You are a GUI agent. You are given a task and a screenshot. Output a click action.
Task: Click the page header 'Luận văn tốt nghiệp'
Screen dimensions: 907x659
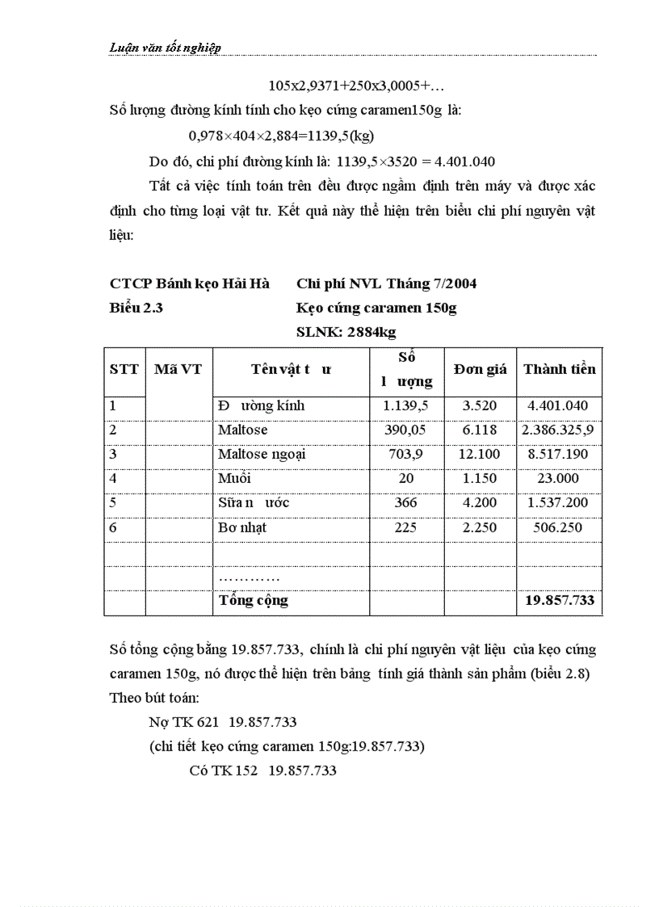tap(166, 48)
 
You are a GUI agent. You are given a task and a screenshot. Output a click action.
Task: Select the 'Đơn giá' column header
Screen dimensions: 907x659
tap(480, 369)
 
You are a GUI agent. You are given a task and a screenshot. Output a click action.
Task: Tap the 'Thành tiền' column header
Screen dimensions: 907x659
tap(559, 369)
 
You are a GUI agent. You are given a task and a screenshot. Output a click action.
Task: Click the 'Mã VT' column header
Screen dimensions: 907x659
tap(178, 369)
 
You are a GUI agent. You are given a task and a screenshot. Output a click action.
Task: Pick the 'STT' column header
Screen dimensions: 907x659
tap(124, 369)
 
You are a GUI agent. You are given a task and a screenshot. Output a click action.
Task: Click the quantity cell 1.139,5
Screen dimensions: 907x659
tap(406, 406)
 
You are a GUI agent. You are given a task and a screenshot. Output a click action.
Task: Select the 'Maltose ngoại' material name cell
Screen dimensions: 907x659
tap(262, 454)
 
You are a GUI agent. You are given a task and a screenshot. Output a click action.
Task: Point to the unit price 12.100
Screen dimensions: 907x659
tap(480, 454)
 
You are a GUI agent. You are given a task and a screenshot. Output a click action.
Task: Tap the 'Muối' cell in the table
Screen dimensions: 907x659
tap(234, 478)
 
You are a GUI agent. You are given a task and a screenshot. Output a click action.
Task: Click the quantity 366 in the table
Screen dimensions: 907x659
tap(406, 502)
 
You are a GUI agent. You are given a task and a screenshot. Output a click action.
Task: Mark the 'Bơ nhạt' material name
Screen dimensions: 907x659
tap(242, 527)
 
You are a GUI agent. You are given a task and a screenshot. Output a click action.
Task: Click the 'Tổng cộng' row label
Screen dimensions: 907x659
tap(253, 600)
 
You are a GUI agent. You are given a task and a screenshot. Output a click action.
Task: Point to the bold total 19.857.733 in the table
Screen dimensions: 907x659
tap(559, 600)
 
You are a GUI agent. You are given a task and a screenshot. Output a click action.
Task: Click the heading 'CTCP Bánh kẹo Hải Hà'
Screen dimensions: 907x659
tap(190, 283)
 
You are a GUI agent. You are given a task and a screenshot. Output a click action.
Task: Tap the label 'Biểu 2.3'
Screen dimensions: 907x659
tap(136, 308)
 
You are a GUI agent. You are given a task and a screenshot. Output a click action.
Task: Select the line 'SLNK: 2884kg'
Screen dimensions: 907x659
tap(346, 332)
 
